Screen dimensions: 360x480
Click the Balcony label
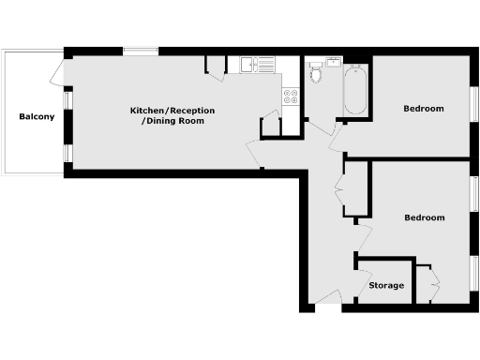point(37,117)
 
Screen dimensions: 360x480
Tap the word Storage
point(386,285)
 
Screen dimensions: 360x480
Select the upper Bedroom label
point(423,109)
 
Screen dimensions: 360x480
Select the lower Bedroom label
point(423,217)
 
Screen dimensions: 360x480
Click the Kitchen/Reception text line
point(167,111)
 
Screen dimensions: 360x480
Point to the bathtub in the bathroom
point(355,91)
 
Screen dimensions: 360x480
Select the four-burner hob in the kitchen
point(290,95)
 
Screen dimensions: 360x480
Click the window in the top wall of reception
point(141,52)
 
